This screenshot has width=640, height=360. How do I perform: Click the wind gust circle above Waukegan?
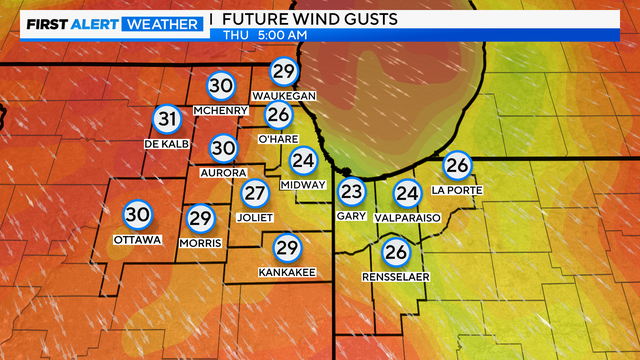click(x=285, y=71)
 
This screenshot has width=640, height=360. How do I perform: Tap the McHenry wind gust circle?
click(x=221, y=87)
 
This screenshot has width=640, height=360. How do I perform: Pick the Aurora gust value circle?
click(x=223, y=149)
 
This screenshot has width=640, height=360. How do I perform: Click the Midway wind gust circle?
click(x=303, y=160)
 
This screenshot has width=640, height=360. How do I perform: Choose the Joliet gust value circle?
click(x=256, y=193)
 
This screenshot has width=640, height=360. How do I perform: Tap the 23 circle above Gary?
click(x=351, y=191)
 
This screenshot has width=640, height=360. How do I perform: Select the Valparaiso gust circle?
click(x=407, y=193)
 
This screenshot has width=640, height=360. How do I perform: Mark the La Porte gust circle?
click(x=457, y=165)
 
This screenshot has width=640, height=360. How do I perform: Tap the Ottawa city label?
click(x=137, y=239)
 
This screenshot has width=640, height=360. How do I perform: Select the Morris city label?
click(x=201, y=242)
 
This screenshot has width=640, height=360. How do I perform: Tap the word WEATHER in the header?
click(x=159, y=22)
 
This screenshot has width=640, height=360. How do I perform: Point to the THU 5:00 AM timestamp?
click(x=265, y=36)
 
